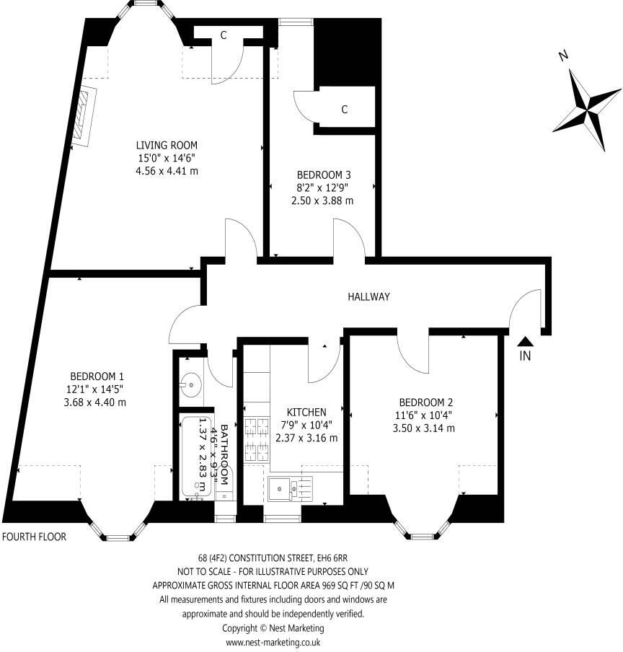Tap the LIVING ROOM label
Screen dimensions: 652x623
click(167, 145)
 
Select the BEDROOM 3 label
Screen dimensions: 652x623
click(324, 175)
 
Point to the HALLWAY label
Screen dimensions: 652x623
click(368, 296)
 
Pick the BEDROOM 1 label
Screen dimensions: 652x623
click(97, 376)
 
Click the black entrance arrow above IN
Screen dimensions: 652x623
click(526, 342)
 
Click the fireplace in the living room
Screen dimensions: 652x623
click(86, 117)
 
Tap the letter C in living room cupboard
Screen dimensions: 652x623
click(224, 35)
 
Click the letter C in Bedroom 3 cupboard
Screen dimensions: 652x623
click(345, 110)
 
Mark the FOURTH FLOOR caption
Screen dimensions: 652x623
click(35, 537)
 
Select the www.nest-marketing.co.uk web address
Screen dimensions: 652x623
click(273, 642)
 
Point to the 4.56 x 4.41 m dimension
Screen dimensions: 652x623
click(167, 171)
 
